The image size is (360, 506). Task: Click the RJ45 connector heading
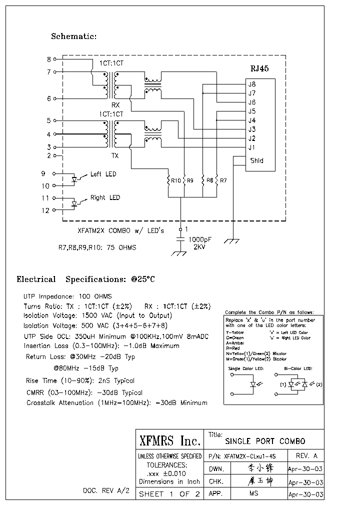259,68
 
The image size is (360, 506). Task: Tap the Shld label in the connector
255,160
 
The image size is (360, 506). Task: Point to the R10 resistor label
175,180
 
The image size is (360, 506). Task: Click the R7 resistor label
223,180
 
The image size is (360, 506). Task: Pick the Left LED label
103,174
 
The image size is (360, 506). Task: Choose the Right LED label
105,197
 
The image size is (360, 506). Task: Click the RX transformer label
115,105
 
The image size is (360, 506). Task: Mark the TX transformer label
115,156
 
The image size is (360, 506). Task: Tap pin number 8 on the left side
49,59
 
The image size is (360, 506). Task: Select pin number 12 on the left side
45,210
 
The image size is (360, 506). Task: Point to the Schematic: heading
73,36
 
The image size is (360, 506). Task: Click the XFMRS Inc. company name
169,440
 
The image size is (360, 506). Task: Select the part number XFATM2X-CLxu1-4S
249,456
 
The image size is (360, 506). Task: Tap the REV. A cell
306,455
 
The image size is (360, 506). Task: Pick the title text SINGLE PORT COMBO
265,441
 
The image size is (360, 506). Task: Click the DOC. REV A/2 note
106,490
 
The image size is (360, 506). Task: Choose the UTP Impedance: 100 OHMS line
67,296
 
